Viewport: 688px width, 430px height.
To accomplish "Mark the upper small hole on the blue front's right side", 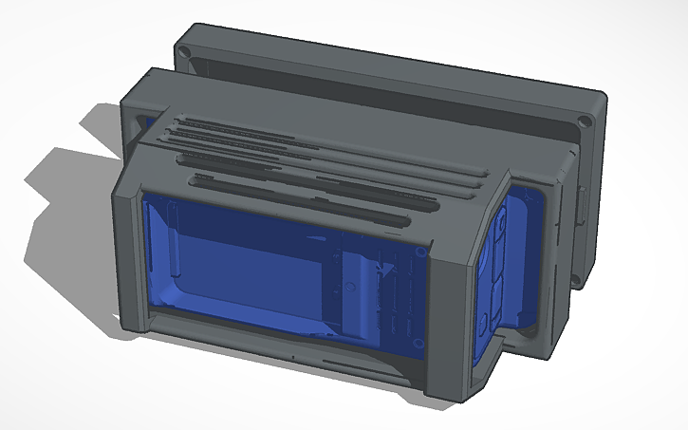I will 418,252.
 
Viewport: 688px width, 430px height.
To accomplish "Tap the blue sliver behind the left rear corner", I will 145,123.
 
